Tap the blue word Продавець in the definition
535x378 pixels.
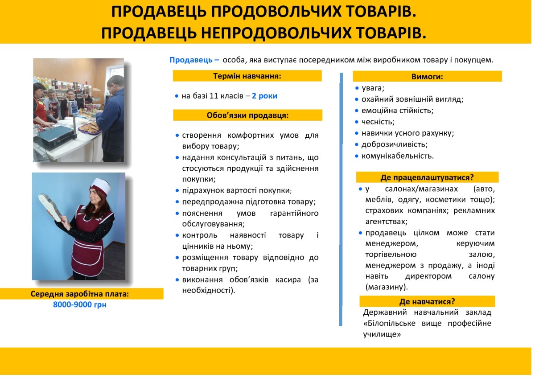pyautogui.click(x=191, y=60)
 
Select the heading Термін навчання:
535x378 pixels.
pyautogui.click(x=247, y=76)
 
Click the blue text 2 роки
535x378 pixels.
pyautogui.click(x=264, y=96)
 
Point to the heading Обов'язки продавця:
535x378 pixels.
pyautogui.click(x=248, y=115)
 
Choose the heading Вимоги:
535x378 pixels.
pyautogui.click(x=427, y=77)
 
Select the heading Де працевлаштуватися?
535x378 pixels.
pyautogui.click(x=427, y=177)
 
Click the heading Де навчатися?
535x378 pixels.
pyautogui.click(x=427, y=302)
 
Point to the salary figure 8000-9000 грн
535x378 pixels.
pyautogui.click(x=80, y=305)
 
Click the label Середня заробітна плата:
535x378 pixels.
pyautogui.click(x=80, y=294)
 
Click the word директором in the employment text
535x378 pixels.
pyautogui.click(x=428, y=276)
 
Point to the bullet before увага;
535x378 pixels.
pyautogui.click(x=357, y=88)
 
